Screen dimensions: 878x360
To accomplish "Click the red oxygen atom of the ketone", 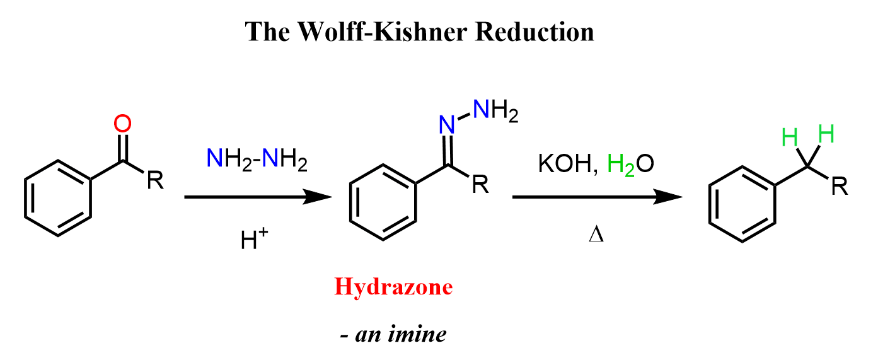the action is click(122, 124).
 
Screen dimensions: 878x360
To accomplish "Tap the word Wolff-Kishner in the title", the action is click(383, 32).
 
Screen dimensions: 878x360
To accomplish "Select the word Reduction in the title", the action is click(534, 32).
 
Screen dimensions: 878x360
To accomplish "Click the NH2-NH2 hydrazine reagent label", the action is click(257, 160).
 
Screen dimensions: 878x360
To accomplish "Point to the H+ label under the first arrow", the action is click(255, 238).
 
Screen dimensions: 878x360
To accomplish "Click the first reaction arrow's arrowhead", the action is click(318, 197).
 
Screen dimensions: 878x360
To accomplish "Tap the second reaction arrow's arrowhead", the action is click(668, 197).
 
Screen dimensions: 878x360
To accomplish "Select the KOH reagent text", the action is click(565, 163).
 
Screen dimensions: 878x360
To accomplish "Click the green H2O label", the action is click(630, 165).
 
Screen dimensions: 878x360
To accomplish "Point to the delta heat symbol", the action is click(596, 235).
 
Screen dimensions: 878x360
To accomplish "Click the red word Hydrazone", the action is click(393, 287).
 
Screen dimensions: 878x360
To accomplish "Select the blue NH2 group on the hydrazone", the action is click(495, 110).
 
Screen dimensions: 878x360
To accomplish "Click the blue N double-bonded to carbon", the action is click(447, 125).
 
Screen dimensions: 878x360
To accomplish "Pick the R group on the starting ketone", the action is click(155, 180).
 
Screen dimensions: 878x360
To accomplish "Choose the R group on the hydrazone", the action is click(480, 185).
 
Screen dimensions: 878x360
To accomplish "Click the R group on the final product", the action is click(840, 186).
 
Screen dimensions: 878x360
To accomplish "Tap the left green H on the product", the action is click(790, 137).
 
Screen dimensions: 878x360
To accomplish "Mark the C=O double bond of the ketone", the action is click(123, 148).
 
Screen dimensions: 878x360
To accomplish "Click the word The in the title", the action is click(267, 32).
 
